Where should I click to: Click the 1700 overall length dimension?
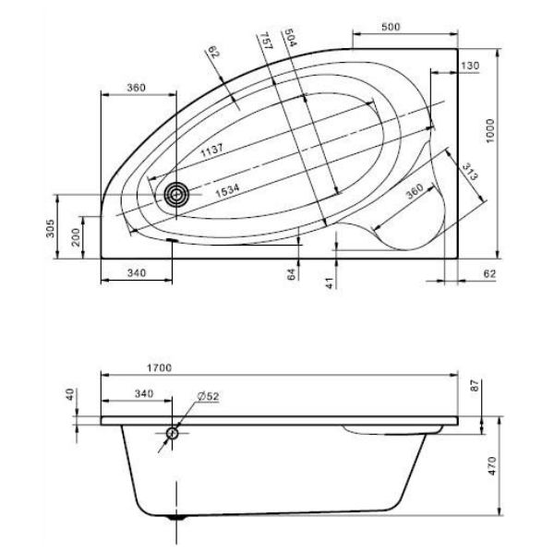coord(160,367)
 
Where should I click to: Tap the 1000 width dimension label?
coord(490,131)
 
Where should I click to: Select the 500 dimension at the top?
coord(391,27)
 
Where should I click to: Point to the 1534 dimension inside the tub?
coord(227,190)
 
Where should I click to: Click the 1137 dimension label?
coord(212,151)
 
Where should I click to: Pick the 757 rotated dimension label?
coord(266,41)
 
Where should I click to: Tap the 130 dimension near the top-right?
coord(470,66)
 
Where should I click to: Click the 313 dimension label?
coord(470,171)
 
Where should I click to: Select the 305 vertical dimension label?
coord(51,228)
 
